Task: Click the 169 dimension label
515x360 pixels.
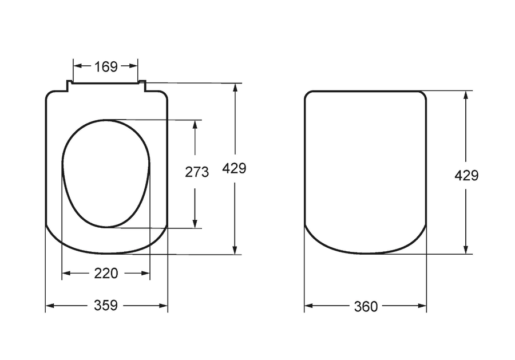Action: pos(106,67)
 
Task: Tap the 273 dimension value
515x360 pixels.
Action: pos(197,172)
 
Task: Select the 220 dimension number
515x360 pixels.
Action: pos(106,273)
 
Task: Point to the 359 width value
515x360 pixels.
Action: pos(106,305)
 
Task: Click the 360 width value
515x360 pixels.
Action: pos(366,306)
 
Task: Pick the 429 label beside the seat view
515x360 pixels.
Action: pos(234,168)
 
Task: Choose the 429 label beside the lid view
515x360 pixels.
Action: pos(466,175)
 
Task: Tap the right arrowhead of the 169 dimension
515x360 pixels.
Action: pos(133,66)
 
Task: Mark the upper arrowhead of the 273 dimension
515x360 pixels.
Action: pos(195,125)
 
